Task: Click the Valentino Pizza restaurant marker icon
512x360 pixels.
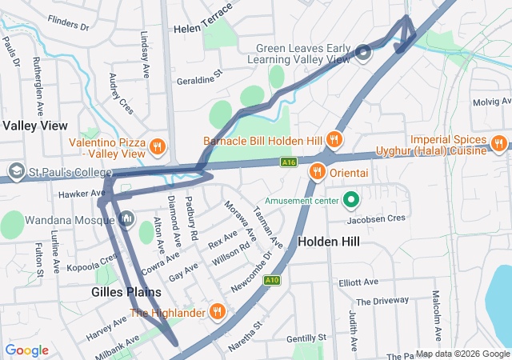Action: [158, 147]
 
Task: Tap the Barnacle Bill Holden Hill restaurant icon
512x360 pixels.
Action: [334, 140]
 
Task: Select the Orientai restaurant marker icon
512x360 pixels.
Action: [318, 170]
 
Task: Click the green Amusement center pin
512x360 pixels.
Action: [350, 199]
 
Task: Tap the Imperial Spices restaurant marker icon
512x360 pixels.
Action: [498, 144]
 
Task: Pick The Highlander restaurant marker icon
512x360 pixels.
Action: [217, 312]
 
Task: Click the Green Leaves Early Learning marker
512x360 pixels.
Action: [362, 53]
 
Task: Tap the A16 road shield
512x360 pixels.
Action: [289, 162]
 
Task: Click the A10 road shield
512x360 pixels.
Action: [272, 280]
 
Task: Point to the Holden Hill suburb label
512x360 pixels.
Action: [328, 241]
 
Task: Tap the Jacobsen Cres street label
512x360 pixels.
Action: [377, 218]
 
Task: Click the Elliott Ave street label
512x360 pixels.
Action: [358, 282]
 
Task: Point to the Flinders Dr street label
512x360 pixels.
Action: [68, 25]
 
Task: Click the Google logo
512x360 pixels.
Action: [27, 350]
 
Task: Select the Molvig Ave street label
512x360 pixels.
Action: [491, 102]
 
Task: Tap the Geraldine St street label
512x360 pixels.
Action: [199, 81]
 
